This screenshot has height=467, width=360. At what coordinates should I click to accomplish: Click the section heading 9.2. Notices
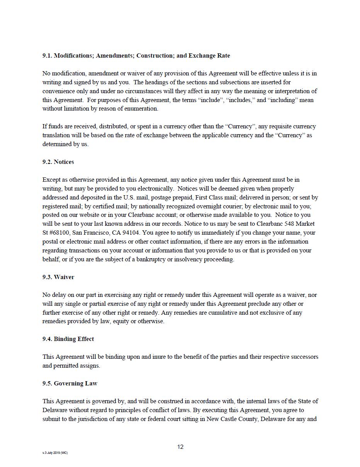pyautogui.click(x=58, y=162)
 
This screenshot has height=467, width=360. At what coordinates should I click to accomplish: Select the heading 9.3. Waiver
pyautogui.click(x=58, y=277)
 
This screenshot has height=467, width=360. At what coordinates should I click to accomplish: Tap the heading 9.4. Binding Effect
pyautogui.click(x=68, y=339)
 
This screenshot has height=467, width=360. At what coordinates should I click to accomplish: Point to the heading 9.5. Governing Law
pyautogui.click(x=70, y=383)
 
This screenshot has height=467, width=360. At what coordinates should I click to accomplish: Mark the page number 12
pyautogui.click(x=180, y=447)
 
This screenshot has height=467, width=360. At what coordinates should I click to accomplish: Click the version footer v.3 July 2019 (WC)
pyautogui.click(x=55, y=453)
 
